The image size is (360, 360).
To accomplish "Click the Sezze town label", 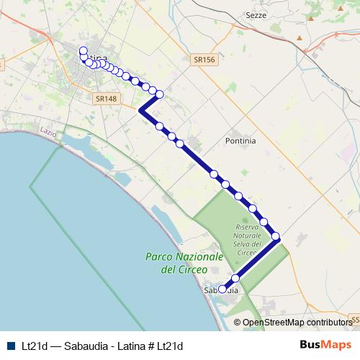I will click(256, 15).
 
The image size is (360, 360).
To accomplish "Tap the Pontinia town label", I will click(240, 141).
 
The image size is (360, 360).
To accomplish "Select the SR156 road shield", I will click(204, 62).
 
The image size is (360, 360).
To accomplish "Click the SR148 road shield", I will click(105, 98).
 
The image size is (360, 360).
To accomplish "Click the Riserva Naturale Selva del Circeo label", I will click(246, 240).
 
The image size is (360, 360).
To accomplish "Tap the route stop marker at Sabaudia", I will click(222, 289).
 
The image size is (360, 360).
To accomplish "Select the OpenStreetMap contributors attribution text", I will click(297, 323).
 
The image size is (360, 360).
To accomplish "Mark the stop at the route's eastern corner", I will click(276, 236).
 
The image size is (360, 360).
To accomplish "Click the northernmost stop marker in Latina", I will click(83, 50).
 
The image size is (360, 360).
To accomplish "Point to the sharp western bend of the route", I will click(140, 111).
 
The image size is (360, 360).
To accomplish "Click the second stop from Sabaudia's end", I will click(235, 278).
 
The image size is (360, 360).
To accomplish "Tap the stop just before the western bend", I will click(160, 94).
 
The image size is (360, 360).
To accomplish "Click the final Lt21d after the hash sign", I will click(170, 346).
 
